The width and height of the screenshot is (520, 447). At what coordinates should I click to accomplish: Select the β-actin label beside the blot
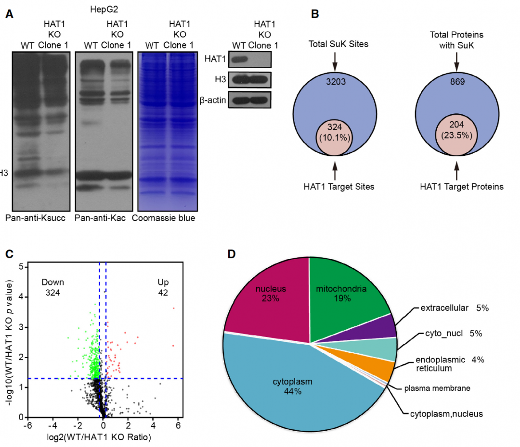[x=212, y=100]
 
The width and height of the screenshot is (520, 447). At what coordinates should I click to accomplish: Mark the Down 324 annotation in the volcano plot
[x=52, y=287]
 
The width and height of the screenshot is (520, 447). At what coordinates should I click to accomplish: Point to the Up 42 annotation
[x=164, y=287]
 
